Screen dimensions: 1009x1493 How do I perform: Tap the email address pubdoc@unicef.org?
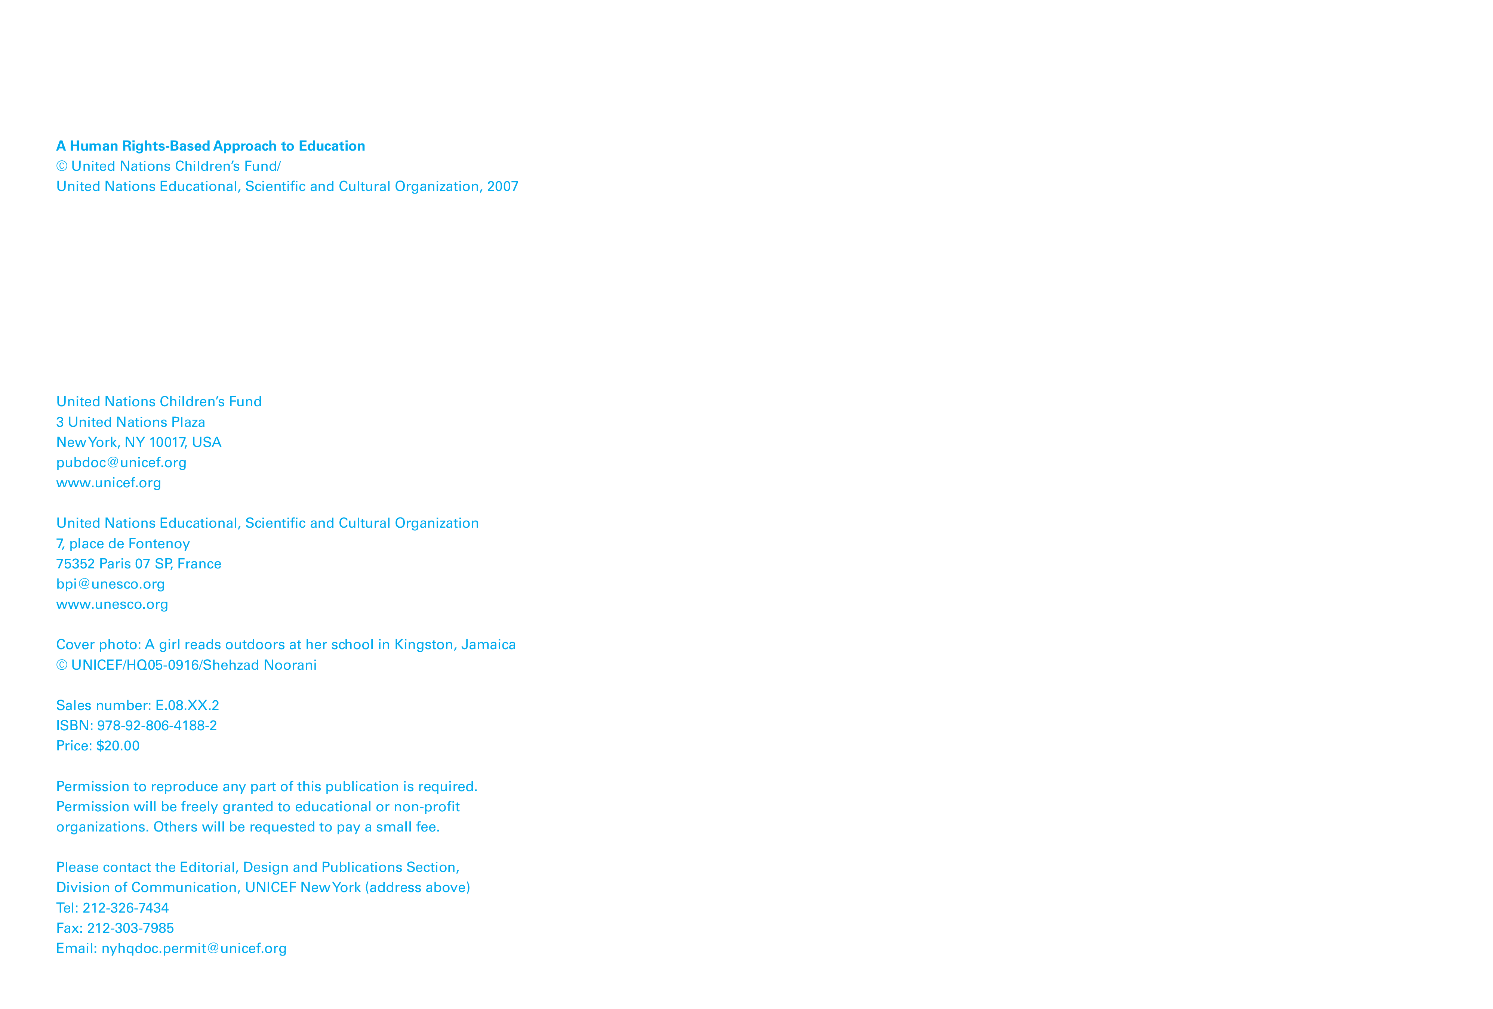121,462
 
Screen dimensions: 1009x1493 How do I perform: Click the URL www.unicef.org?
108,483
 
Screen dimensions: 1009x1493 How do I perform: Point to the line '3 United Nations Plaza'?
130,422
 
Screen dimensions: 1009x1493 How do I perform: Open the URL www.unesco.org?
113,604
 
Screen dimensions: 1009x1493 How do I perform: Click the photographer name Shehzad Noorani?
259,666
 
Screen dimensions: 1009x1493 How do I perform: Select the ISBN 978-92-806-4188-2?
157,726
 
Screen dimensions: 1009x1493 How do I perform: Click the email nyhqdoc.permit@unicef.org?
194,948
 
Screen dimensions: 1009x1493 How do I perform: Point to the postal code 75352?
75,564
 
